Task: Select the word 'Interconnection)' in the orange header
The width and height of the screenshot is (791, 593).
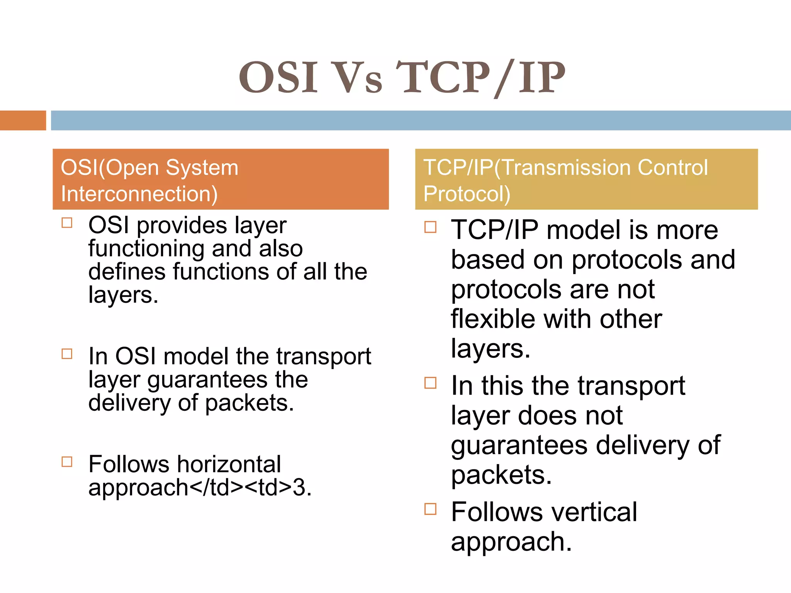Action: (139, 194)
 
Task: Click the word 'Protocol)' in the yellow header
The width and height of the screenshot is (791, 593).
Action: (467, 194)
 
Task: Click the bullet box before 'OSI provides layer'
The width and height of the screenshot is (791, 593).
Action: (67, 223)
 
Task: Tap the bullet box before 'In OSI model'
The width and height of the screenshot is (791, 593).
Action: (67, 354)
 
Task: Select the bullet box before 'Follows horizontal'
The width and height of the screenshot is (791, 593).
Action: (67, 461)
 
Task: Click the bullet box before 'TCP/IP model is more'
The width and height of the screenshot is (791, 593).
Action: (430, 227)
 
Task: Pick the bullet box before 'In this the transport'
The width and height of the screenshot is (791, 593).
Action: (430, 383)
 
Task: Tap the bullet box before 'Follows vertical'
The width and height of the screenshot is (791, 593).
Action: (430, 509)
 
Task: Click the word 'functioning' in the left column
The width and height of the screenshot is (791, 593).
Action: (146, 249)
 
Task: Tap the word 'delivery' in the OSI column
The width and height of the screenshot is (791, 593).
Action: (129, 403)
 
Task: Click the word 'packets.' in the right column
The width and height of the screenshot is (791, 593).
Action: (501, 475)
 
